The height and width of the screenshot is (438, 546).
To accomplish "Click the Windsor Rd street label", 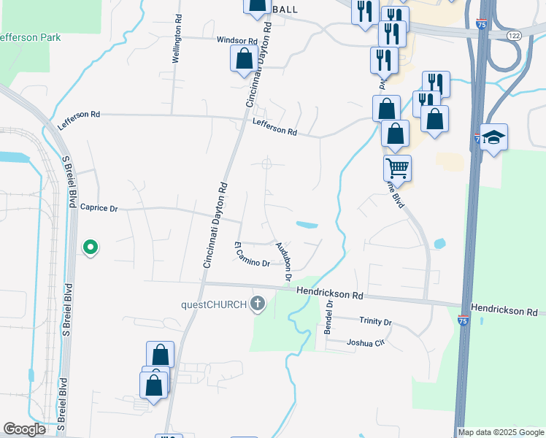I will pyautogui.click(x=237, y=41).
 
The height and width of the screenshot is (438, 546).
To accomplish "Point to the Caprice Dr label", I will pyautogui.click(x=99, y=208).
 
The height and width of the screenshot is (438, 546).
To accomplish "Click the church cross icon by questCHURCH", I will pyautogui.click(x=257, y=304).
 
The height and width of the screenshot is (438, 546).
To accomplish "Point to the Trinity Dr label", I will pyautogui.click(x=375, y=321).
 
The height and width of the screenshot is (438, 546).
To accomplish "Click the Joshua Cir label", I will pyautogui.click(x=364, y=342).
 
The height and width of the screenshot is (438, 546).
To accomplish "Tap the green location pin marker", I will pyautogui.click(x=91, y=247).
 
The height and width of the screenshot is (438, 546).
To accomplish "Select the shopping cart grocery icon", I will pyautogui.click(x=397, y=168).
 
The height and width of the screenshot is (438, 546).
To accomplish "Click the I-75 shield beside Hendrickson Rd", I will pyautogui.click(x=464, y=320).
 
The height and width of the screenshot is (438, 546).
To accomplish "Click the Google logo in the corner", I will pyautogui.click(x=24, y=429).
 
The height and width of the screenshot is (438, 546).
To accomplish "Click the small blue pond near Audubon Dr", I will pyautogui.click(x=307, y=224).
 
